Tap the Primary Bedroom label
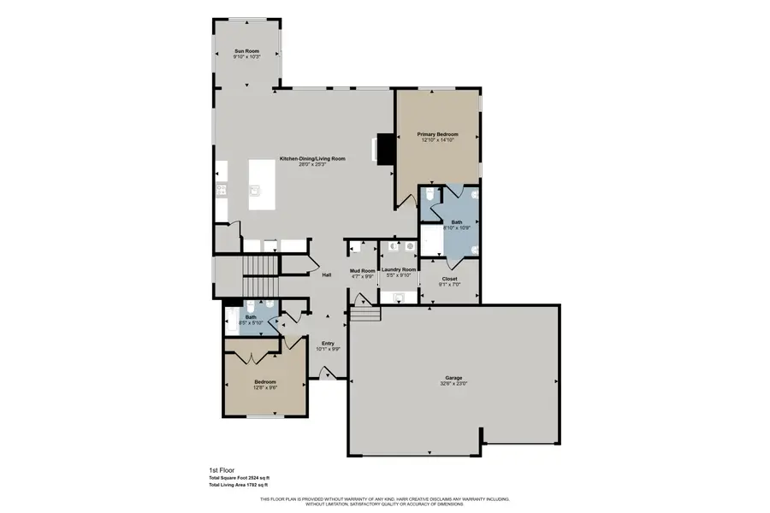(437, 134)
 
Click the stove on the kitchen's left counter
(221, 190)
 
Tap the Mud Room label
(363, 271)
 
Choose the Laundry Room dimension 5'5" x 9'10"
(400, 275)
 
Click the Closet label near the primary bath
(449, 279)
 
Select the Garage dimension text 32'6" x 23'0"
(454, 383)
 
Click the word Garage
(453, 377)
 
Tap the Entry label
(329, 343)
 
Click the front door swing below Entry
(326, 373)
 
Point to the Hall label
(327, 274)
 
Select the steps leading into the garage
(365, 315)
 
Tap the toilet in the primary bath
(429, 197)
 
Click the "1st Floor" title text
(222, 470)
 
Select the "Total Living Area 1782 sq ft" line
(245, 485)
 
